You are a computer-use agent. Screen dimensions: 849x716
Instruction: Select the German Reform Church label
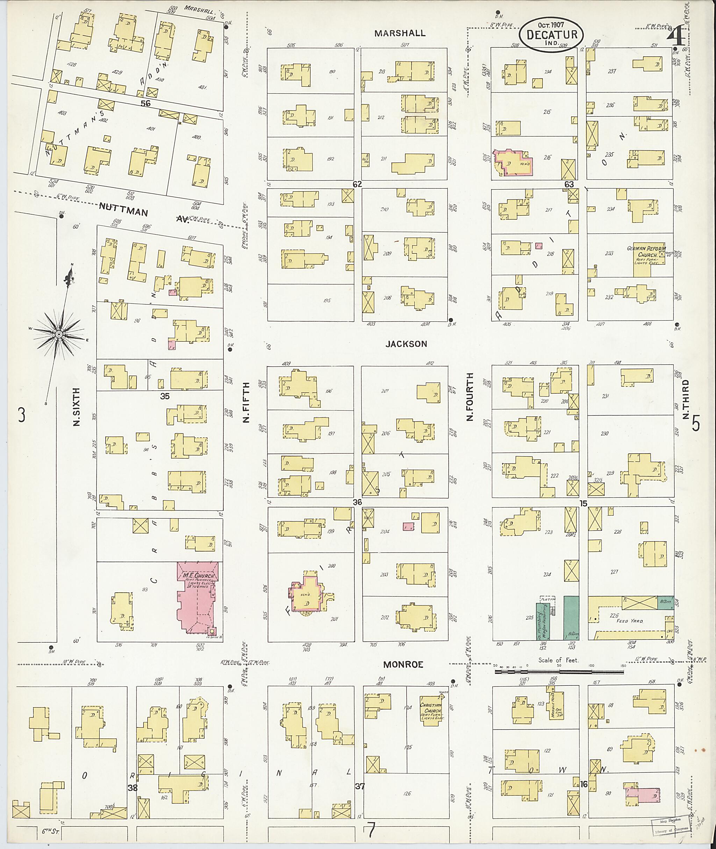pos(646,252)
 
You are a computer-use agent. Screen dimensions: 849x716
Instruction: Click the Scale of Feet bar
pos(559,672)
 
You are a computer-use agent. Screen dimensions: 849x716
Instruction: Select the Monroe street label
pos(403,664)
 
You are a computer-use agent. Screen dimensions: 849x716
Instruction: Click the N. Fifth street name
pos(245,406)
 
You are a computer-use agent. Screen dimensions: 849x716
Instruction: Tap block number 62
pos(357,184)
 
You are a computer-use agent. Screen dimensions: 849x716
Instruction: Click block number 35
pos(164,396)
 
